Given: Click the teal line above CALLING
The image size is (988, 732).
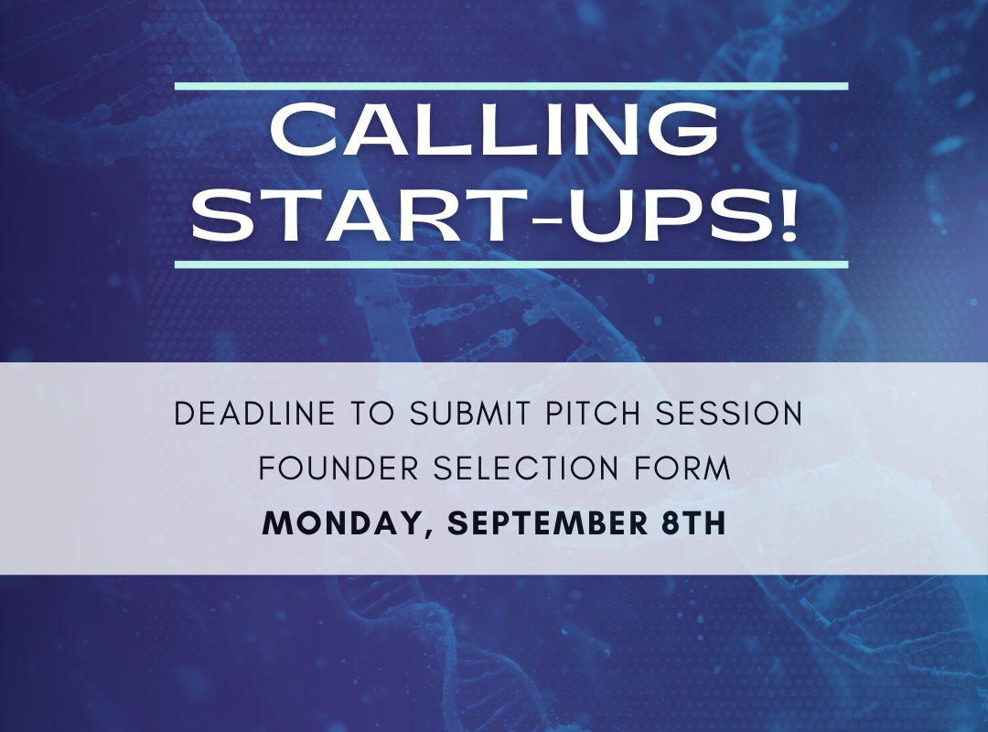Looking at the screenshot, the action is click(x=511, y=86).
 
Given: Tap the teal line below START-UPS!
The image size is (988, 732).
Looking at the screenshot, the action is click(x=511, y=264).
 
